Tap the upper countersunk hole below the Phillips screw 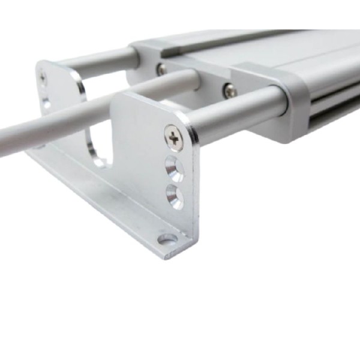(175, 167)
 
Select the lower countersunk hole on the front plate (175, 196)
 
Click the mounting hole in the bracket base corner (167, 239)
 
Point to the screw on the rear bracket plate (43, 77)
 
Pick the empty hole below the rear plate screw (46, 103)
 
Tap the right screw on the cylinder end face (229, 91)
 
